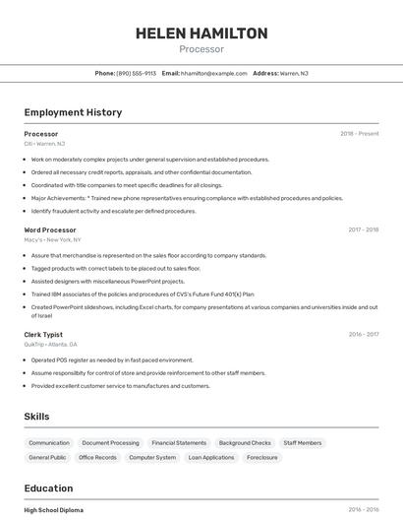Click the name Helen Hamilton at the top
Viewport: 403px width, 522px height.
pyautogui.click(x=201, y=33)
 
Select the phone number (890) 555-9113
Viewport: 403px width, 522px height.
pyautogui.click(x=136, y=73)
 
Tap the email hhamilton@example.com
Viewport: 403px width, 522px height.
pyautogui.click(x=214, y=73)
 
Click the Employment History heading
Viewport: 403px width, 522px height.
pyautogui.click(x=73, y=112)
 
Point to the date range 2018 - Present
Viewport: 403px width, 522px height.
pyautogui.click(x=360, y=133)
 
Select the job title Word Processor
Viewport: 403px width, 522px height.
pyautogui.click(x=50, y=229)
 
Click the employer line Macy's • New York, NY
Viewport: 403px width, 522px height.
pyautogui.click(x=53, y=239)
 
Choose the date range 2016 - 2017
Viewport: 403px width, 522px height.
pyautogui.click(x=364, y=334)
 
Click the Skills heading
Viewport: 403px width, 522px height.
pyautogui.click(x=37, y=417)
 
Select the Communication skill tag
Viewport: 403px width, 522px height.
pyautogui.click(x=49, y=443)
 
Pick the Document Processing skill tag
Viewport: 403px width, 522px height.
pyautogui.click(x=110, y=443)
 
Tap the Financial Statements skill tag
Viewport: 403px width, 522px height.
pyautogui.click(x=179, y=443)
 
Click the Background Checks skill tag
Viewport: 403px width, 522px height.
pyautogui.click(x=245, y=443)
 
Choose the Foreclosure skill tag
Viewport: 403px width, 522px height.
pyautogui.click(x=262, y=457)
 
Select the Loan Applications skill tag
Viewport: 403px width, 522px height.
pyautogui.click(x=211, y=457)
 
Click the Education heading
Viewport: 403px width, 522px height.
pyautogui.click(x=48, y=489)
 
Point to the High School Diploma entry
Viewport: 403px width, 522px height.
pyautogui.click(x=54, y=509)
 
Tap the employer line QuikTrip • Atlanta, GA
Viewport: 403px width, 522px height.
pyautogui.click(x=51, y=344)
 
